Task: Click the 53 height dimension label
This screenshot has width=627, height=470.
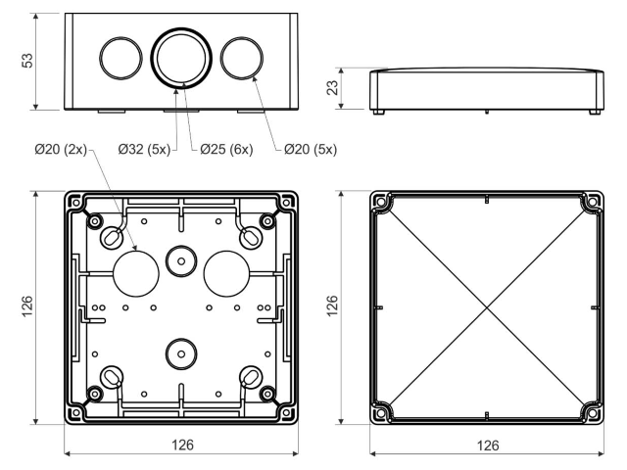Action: point(27,61)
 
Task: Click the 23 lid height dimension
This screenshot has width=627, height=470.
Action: point(333,88)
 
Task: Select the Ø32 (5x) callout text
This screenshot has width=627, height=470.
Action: point(144,150)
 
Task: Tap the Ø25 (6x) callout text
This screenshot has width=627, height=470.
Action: point(226,150)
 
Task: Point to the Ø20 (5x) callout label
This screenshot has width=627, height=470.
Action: point(311,150)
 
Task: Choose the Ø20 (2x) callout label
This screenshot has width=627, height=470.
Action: point(61,150)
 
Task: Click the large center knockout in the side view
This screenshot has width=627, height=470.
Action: point(181,58)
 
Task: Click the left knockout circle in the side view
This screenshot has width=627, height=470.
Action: point(121,58)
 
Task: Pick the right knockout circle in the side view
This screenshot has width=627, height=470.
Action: point(242,58)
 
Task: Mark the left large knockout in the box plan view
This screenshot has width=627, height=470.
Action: point(136,274)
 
